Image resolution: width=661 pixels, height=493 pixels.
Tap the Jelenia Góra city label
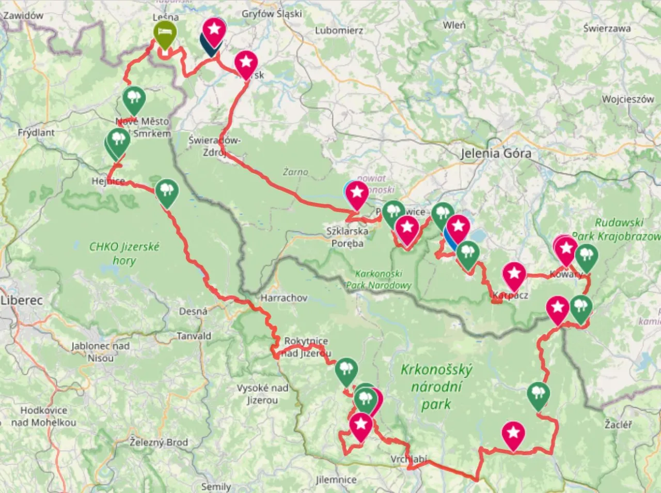495,153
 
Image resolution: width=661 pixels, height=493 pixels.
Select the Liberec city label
22,300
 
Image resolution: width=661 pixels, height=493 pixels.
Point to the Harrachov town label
284,298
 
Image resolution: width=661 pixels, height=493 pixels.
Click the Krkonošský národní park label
436,387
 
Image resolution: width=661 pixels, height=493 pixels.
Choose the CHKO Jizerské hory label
124,253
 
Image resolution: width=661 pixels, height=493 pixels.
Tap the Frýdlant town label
36,132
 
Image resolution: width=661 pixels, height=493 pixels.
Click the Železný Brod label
159,442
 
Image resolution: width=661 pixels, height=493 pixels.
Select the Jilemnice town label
336,480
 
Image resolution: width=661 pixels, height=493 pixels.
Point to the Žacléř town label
618,424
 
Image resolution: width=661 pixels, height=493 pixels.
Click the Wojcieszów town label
627,99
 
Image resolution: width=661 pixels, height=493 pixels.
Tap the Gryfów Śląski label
272,14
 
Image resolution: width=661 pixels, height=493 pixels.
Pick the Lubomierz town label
339,30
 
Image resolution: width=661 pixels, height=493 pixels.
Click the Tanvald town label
194,336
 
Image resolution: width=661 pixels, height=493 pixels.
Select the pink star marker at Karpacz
514,275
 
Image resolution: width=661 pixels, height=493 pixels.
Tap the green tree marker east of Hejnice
166,191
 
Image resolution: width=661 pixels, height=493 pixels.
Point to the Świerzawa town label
607,28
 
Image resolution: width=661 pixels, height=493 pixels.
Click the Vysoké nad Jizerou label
262,394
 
